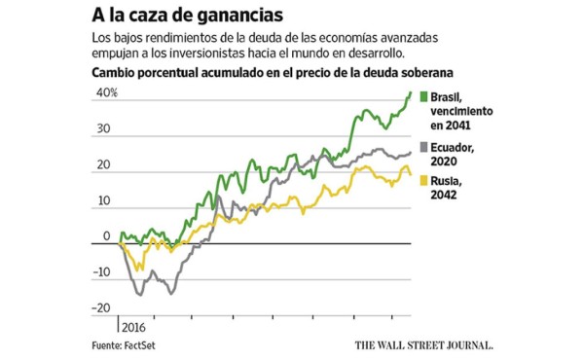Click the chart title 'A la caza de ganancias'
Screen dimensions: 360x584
click(176, 16)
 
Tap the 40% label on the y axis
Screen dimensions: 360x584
click(105, 93)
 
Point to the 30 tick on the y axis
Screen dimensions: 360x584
click(103, 128)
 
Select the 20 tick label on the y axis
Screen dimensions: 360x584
click(103, 165)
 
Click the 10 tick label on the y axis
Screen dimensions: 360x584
click(103, 201)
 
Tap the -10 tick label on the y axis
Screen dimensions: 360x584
click(101, 272)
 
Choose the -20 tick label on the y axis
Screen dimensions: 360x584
click(101, 308)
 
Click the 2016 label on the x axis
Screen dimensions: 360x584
click(132, 328)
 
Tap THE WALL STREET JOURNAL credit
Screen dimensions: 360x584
click(423, 345)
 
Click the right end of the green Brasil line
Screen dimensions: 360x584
click(411, 91)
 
